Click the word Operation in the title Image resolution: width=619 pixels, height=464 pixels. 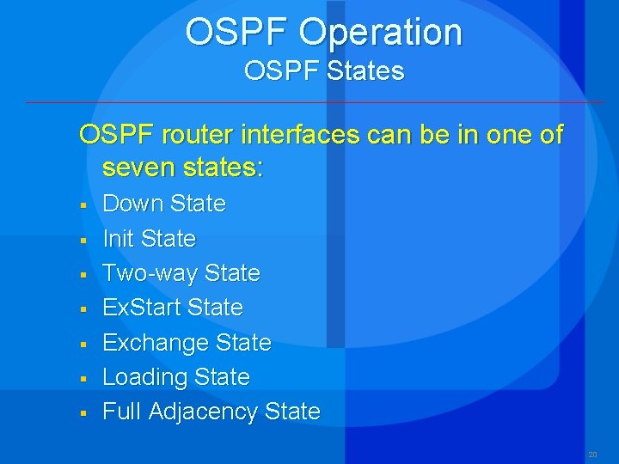point(381,34)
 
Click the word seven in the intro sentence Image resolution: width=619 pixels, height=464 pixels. point(136,167)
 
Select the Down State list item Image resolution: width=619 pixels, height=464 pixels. point(163,204)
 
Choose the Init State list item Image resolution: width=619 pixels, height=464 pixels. point(149,238)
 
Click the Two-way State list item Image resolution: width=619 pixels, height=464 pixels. point(181,273)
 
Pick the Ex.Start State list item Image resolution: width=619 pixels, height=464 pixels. point(172,308)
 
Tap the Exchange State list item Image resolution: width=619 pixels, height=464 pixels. point(187,343)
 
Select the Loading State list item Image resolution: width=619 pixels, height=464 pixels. point(175,377)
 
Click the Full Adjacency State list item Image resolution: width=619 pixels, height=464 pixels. point(211,412)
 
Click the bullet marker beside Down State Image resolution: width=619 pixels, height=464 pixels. point(83,205)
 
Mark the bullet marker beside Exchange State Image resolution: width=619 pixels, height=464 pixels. point(83,345)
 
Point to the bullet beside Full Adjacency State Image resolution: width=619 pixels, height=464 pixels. point(83,413)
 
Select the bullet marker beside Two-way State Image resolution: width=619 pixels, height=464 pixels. point(83,275)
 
